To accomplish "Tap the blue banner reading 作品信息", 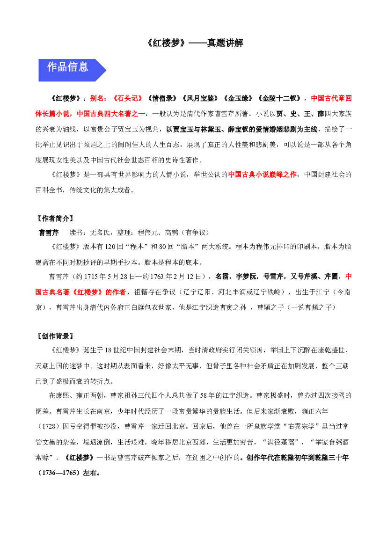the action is coord(72,70).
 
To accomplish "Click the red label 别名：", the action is coord(99,98).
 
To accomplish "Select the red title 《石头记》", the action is coord(127,98).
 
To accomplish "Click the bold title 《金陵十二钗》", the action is coord(279,98).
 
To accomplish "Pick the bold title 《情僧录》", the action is coord(162,98).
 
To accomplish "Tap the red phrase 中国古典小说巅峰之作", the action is coord(263,175).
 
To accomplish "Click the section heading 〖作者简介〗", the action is coord(55,219).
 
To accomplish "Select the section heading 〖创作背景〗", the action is coord(55,336).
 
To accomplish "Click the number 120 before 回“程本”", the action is coord(110,247).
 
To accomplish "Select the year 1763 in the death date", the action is coord(157,277).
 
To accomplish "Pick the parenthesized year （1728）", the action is coord(47,426).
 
